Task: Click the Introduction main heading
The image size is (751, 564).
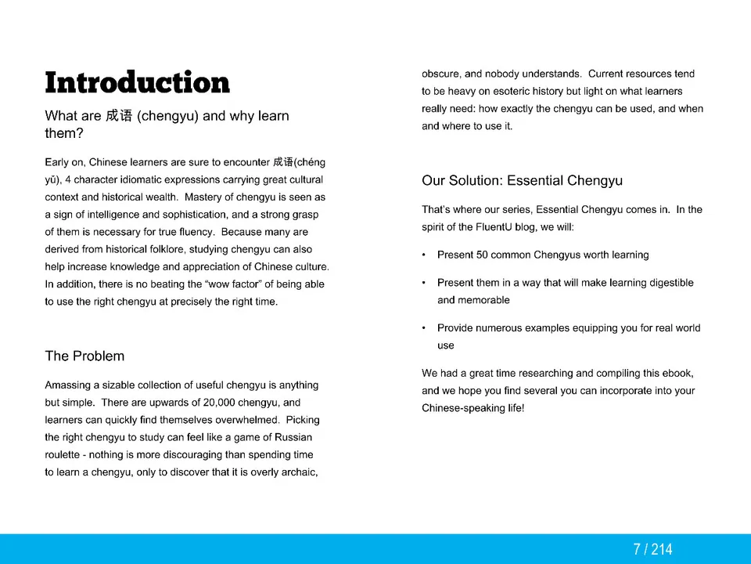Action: pos(137,82)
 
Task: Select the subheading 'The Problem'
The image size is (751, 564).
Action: pos(84,356)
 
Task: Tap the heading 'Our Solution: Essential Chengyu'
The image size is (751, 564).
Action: pos(522,181)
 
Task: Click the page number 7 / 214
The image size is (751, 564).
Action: pos(652,549)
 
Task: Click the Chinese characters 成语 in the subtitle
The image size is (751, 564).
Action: pos(119,116)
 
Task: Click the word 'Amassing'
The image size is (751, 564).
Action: pos(68,385)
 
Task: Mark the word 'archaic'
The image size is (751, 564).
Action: pos(298,472)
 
